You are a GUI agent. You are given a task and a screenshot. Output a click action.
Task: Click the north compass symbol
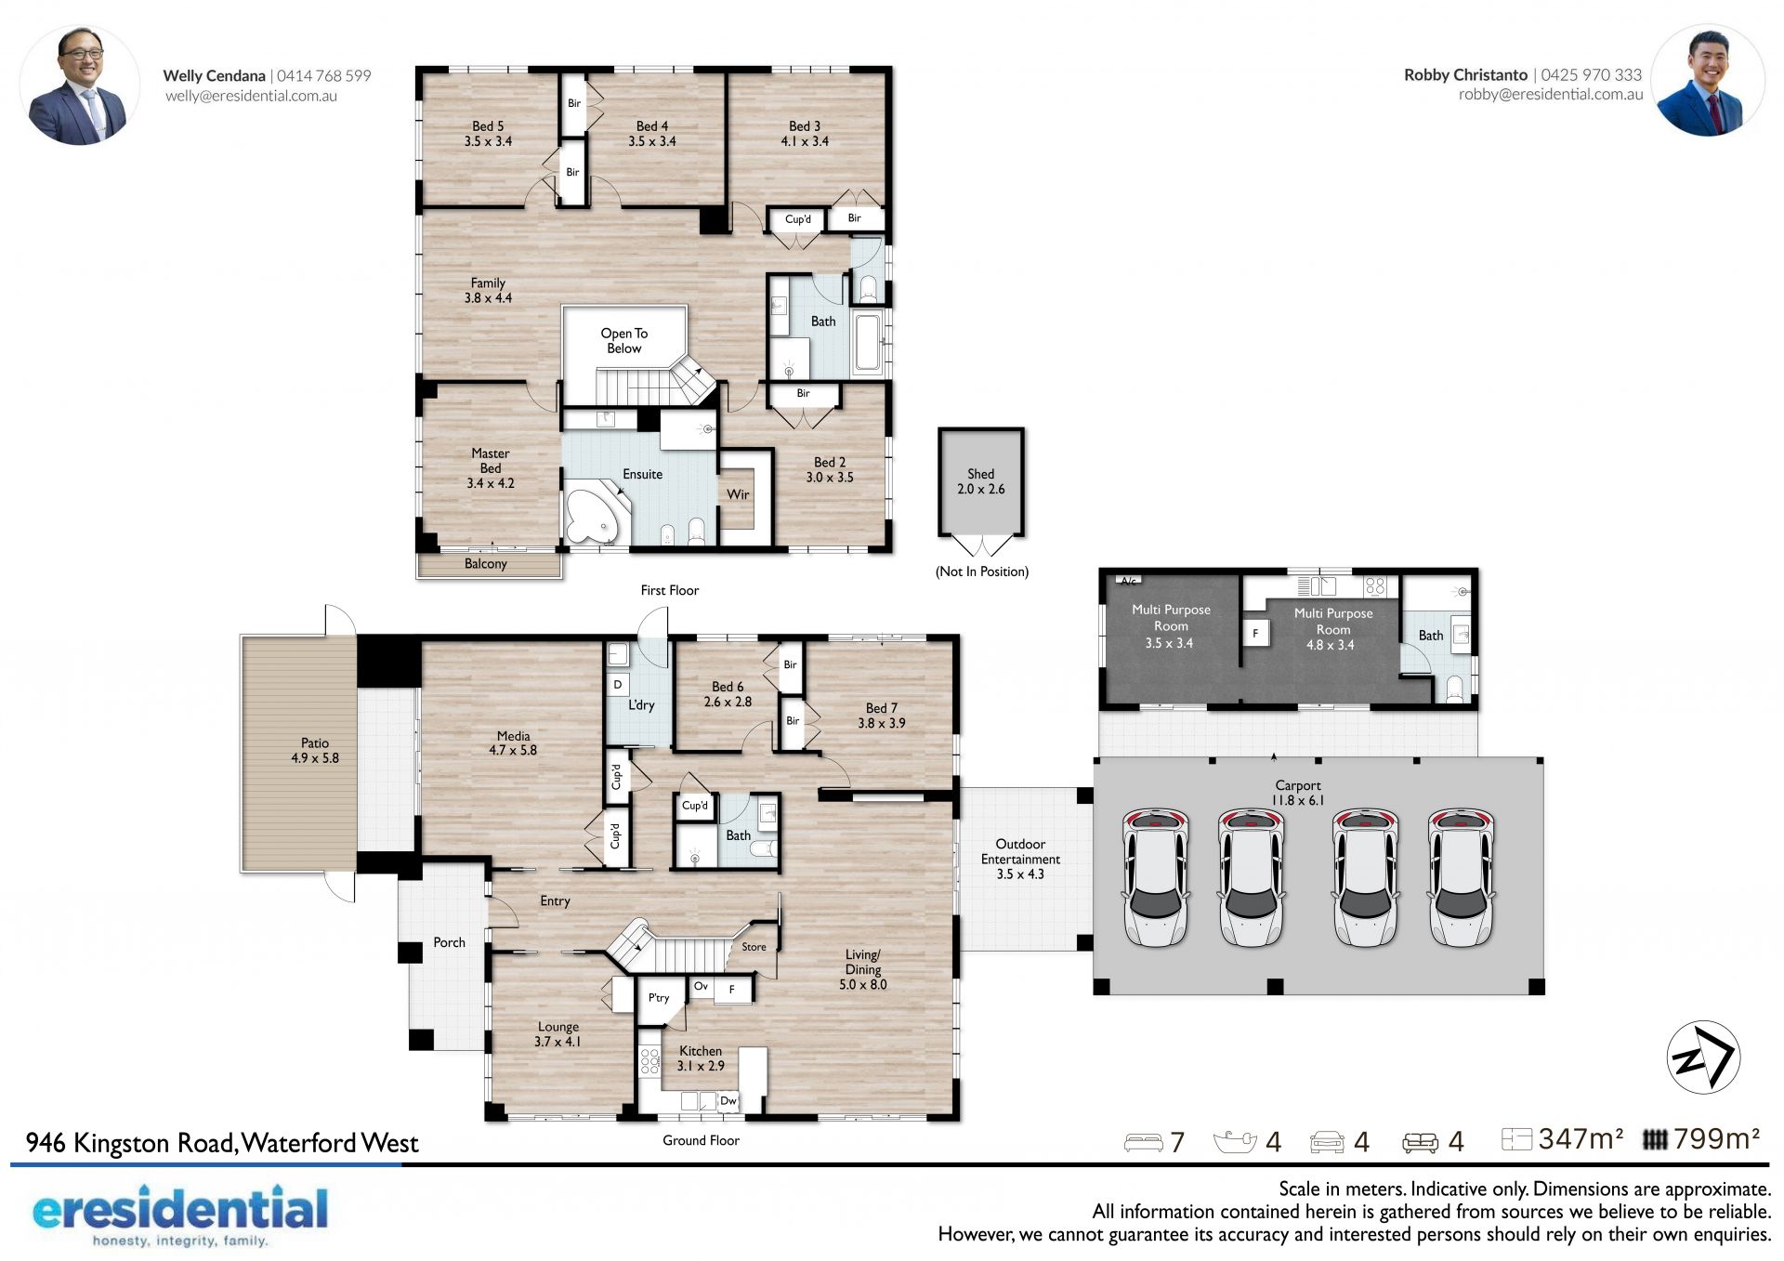click(x=1702, y=1057)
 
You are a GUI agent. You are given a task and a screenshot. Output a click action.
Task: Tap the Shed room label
click(x=980, y=481)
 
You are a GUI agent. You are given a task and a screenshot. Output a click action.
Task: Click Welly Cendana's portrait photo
click(x=80, y=85)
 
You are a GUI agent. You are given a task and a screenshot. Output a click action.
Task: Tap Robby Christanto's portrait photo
click(x=1707, y=81)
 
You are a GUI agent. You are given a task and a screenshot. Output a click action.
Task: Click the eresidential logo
click(x=179, y=1215)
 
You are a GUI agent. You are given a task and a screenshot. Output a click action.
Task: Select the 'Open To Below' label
click(x=624, y=340)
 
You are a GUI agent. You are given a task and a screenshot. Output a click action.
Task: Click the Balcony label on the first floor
click(x=486, y=564)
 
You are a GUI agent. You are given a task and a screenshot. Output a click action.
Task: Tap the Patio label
click(x=315, y=750)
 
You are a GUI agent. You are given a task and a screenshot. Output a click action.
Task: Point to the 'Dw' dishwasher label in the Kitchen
click(x=728, y=1100)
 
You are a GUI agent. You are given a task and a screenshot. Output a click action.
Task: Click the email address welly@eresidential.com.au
click(x=251, y=96)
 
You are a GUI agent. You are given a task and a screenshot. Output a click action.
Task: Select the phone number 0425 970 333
click(x=1591, y=74)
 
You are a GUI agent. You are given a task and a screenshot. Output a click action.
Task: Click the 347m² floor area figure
click(x=1581, y=1139)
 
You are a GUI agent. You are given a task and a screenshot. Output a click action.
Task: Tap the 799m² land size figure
click(x=1716, y=1139)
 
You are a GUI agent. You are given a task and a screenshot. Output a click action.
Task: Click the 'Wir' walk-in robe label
click(x=738, y=494)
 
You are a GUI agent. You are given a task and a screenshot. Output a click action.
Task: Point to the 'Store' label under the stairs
click(x=754, y=947)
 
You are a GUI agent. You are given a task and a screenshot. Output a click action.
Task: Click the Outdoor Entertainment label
click(x=1020, y=859)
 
